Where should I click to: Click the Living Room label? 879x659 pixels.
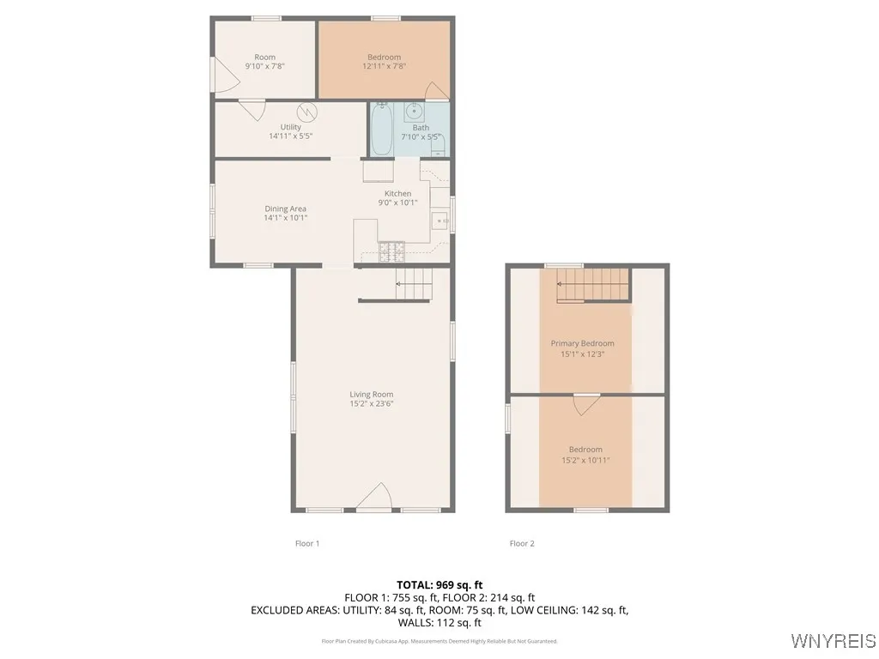[371, 395]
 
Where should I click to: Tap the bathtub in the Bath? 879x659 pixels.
[381, 130]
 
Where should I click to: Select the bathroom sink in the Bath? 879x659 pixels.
[413, 111]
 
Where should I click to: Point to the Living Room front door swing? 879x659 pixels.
[375, 498]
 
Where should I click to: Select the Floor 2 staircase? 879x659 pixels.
[592, 285]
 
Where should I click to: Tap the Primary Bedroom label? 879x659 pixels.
[582, 343]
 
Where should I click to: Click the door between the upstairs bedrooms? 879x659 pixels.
[585, 404]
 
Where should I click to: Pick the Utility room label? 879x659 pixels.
[290, 127]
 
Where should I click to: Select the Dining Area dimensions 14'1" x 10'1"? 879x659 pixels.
[285, 218]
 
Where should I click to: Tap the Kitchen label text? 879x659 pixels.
[397, 194]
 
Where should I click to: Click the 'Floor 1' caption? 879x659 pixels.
[306, 543]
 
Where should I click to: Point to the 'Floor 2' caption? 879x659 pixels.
[522, 543]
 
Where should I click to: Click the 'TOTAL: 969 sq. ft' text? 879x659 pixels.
[439, 584]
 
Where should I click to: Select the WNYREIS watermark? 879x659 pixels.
[832, 641]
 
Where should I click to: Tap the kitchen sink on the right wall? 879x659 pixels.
[441, 221]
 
